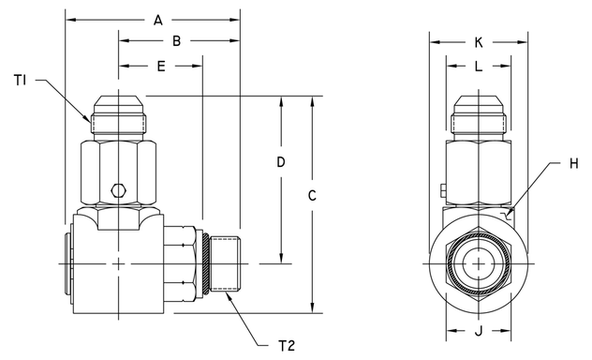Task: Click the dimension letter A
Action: coord(157,20)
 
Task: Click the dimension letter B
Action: coord(176,41)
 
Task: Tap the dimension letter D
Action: coord(280,162)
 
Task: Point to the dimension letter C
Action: coord(313,196)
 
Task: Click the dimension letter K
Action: coord(479,42)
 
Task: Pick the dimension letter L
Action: coord(479,67)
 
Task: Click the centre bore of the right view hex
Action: coord(479,264)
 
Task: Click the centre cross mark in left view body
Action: coord(118,264)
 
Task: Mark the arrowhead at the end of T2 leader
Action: coord(227,292)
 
